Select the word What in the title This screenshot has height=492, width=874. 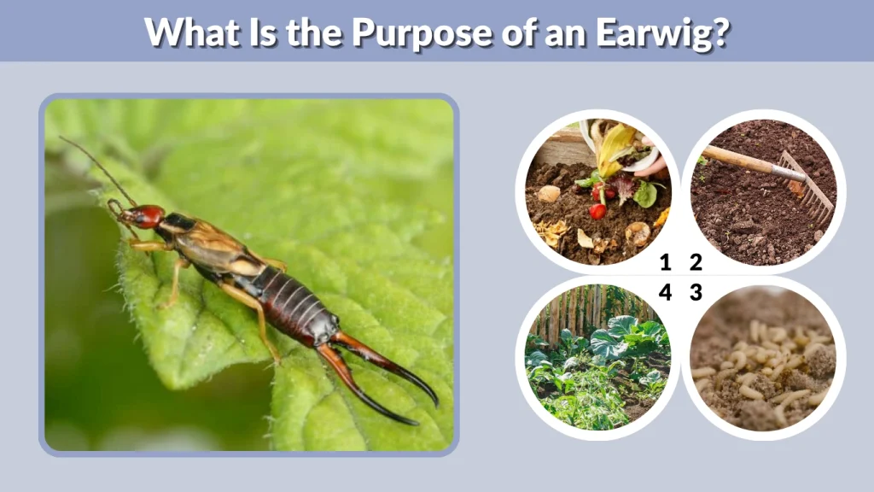coord(190,32)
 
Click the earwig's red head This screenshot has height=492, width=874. coord(146,216)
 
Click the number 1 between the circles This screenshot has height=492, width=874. coord(666,263)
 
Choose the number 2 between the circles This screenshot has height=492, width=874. coord(696,263)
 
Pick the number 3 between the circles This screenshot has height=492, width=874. coord(696,292)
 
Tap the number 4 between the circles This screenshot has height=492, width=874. coord(666,292)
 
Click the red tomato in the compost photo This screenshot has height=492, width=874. coord(598,210)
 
